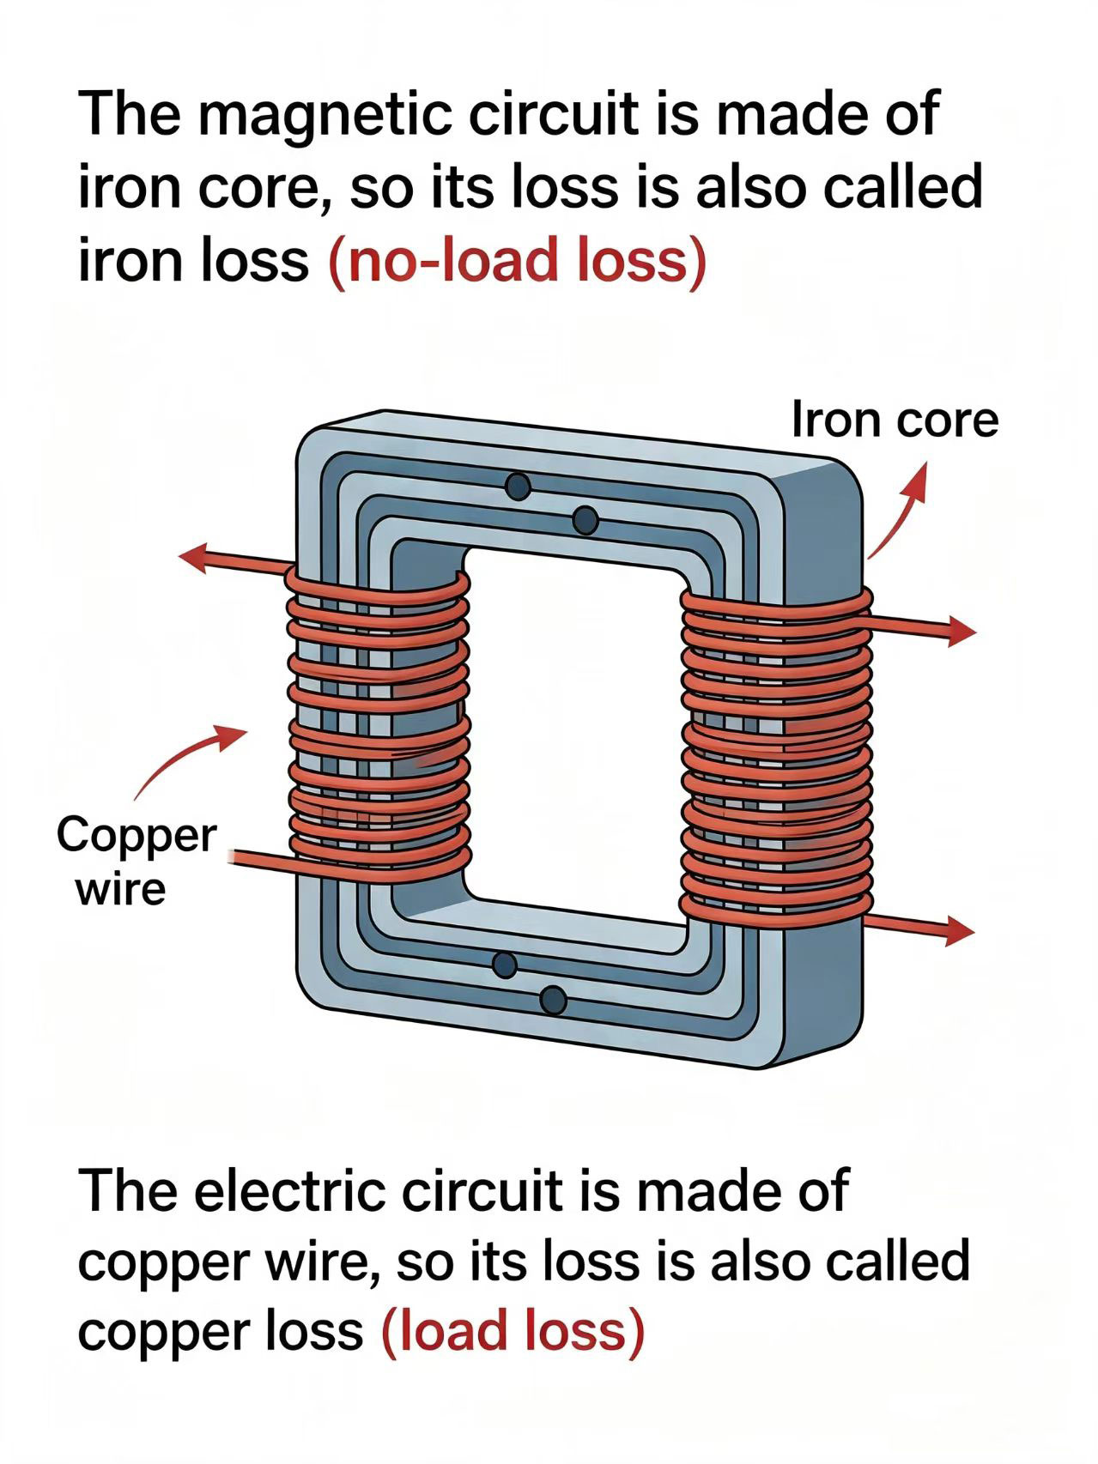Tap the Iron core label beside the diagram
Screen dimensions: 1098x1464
click(x=895, y=420)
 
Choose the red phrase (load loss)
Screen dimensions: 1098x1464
click(x=512, y=1331)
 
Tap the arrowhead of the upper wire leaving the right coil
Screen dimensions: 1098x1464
click(x=961, y=632)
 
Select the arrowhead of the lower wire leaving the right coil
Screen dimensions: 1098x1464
click(x=959, y=930)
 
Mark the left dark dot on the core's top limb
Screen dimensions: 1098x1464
click(x=518, y=487)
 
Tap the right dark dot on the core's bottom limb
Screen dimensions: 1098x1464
click(x=554, y=1000)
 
